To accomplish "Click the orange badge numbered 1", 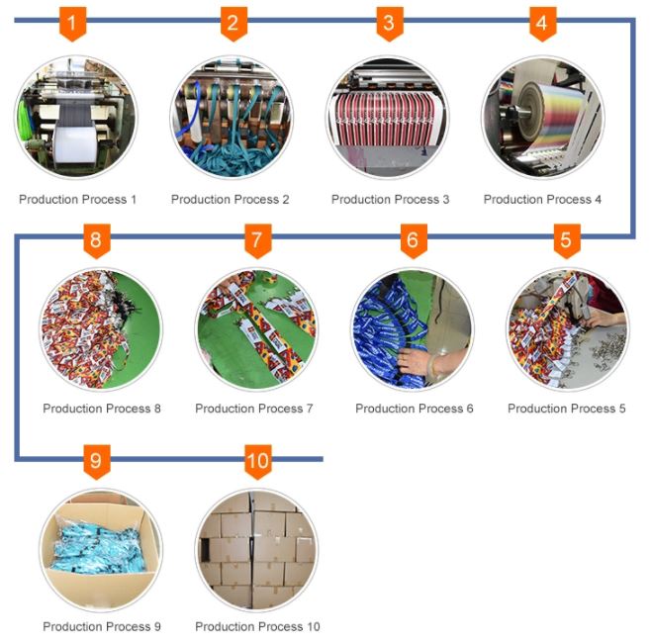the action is [72, 24].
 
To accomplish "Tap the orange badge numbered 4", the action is [542, 24].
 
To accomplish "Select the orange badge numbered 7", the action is [257, 240].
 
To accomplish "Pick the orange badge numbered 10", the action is [257, 462].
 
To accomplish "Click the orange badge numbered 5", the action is [567, 240].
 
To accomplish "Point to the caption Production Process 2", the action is [230, 200].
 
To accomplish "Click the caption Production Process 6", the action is [415, 409].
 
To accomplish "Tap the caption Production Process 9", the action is [102, 626].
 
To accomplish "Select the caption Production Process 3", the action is [390, 200].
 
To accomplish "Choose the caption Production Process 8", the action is [102, 409].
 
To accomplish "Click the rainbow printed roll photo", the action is [542, 118].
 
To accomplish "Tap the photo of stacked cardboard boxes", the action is [256, 550].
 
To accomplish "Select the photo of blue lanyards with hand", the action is [414, 329].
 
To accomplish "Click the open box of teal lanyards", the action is [101, 550].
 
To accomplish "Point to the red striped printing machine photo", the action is [388, 118].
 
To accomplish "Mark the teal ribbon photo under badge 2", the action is [232, 118].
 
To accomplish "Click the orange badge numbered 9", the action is [97, 462].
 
